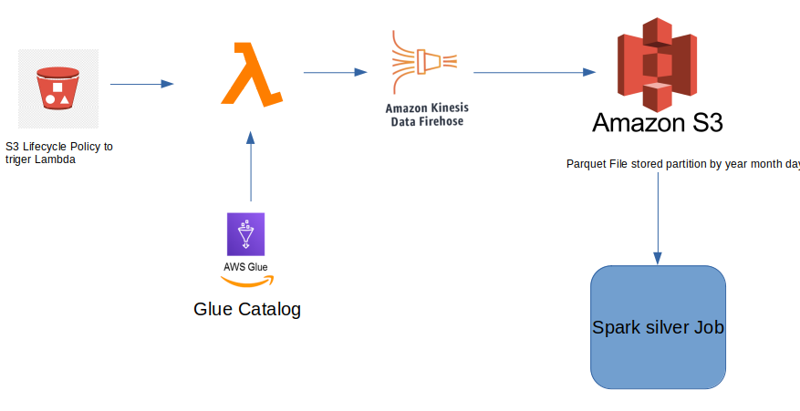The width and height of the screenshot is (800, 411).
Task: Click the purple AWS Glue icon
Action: click(245, 234)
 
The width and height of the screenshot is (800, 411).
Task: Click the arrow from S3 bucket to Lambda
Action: click(141, 84)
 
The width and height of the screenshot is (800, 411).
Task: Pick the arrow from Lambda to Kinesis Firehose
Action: click(335, 71)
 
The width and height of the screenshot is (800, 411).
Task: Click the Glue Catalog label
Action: click(247, 309)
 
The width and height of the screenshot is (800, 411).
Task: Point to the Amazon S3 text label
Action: click(658, 123)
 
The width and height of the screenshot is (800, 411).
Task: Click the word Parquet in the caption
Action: click(585, 164)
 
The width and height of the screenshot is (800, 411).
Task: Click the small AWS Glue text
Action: click(245, 267)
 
